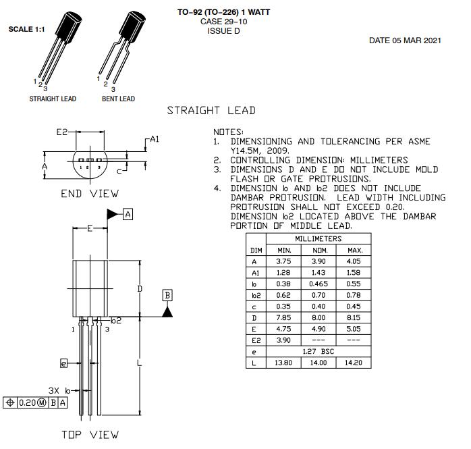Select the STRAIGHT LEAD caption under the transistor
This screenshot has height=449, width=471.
[53, 99]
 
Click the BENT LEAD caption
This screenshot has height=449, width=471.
[118, 99]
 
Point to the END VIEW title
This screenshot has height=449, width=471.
[89, 194]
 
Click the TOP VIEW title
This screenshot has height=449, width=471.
[89, 434]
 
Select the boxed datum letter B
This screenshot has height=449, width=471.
[167, 295]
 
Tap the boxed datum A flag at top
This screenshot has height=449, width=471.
[128, 214]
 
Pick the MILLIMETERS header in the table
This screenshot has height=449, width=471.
[318, 239]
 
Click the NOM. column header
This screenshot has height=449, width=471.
[318, 250]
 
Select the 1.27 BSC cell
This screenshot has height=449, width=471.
[318, 351]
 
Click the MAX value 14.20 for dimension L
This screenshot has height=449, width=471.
[354, 363]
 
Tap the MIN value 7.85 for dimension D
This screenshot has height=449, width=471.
[283, 317]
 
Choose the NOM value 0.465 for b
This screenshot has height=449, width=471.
[318, 284]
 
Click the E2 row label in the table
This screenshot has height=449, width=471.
[256, 340]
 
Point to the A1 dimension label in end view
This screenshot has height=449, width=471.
[155, 139]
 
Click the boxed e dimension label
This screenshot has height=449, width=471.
[64, 363]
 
